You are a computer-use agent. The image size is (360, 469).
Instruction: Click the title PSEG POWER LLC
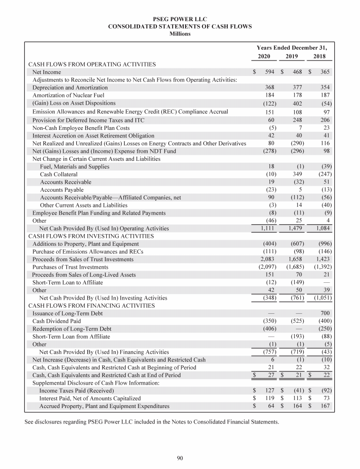(180, 19)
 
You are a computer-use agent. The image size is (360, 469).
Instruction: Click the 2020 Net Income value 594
(269, 72)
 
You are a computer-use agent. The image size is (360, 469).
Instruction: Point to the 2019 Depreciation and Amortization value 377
(297, 87)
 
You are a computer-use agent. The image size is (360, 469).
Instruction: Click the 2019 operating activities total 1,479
(296, 228)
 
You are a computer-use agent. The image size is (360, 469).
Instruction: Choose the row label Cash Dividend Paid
(56, 321)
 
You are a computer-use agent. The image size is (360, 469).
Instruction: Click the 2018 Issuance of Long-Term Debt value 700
(325, 313)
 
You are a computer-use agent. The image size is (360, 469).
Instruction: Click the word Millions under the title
(180, 34)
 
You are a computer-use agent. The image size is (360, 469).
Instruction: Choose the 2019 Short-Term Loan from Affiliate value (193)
(296, 336)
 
